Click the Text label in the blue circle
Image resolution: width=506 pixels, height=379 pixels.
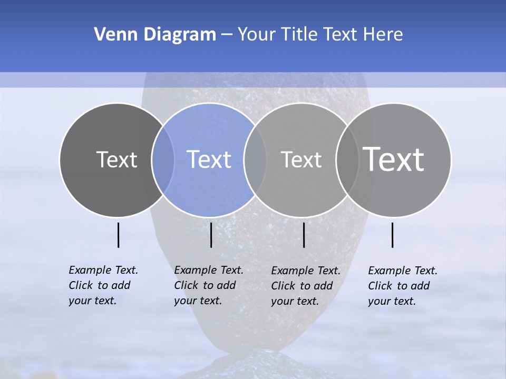209,159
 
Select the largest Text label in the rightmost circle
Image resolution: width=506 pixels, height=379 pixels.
394,159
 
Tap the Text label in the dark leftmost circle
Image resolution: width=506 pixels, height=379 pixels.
116,159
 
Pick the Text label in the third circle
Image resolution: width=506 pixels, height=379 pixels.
301,159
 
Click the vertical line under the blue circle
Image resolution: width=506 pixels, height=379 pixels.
211,235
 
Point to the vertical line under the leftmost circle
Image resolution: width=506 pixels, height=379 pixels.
119,235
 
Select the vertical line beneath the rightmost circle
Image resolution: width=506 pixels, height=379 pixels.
393,235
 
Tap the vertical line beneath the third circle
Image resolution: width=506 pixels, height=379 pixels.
304,235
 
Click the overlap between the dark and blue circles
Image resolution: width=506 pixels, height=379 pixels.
163,159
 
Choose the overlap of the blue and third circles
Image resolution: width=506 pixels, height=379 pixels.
255,159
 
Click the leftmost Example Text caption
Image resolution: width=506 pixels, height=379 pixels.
103,285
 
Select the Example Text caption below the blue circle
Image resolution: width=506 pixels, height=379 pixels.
208,285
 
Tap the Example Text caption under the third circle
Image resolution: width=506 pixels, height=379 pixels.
305,286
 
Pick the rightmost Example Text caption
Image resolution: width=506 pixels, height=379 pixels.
402,286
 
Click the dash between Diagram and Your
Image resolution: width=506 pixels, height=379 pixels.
227,35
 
